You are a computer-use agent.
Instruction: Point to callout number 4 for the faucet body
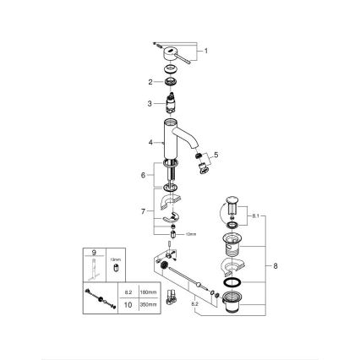click(149, 143)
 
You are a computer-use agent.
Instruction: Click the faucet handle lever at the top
click(173, 52)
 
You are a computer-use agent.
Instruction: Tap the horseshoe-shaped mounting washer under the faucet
click(169, 201)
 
